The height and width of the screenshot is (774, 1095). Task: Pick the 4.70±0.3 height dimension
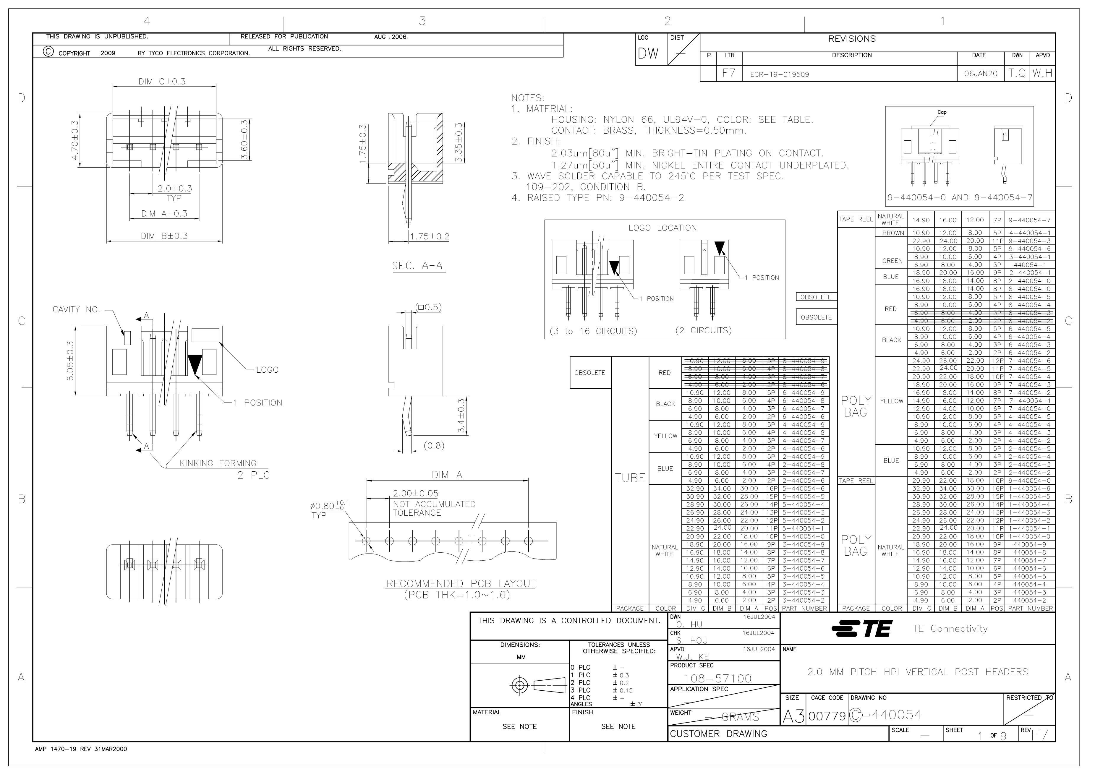(75, 141)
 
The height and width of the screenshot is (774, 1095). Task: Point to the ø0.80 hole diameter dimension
(330, 505)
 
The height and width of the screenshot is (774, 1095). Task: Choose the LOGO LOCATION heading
(662, 228)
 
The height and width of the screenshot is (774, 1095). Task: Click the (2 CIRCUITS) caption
(704, 330)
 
